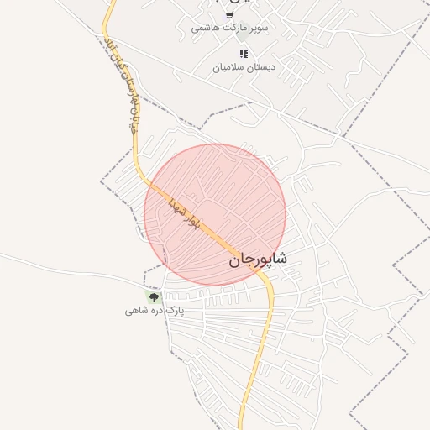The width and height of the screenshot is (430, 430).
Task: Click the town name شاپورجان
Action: [258, 260]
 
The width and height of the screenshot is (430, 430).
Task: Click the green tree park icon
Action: [154, 296]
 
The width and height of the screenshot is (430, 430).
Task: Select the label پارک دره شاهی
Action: [154, 311]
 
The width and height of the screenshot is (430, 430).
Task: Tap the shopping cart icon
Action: [229, 14]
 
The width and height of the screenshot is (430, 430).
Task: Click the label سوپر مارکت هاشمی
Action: [229, 28]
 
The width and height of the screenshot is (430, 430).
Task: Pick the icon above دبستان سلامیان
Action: [244, 54]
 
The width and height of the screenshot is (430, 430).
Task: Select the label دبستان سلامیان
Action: [244, 66]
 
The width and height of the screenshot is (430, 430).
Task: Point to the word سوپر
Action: [257, 28]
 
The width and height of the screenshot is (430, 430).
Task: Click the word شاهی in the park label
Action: [134, 311]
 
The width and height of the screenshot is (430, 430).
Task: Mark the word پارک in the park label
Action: [174, 311]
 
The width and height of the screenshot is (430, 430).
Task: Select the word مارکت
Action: [233, 28]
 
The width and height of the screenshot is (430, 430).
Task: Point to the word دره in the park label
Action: [155, 311]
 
